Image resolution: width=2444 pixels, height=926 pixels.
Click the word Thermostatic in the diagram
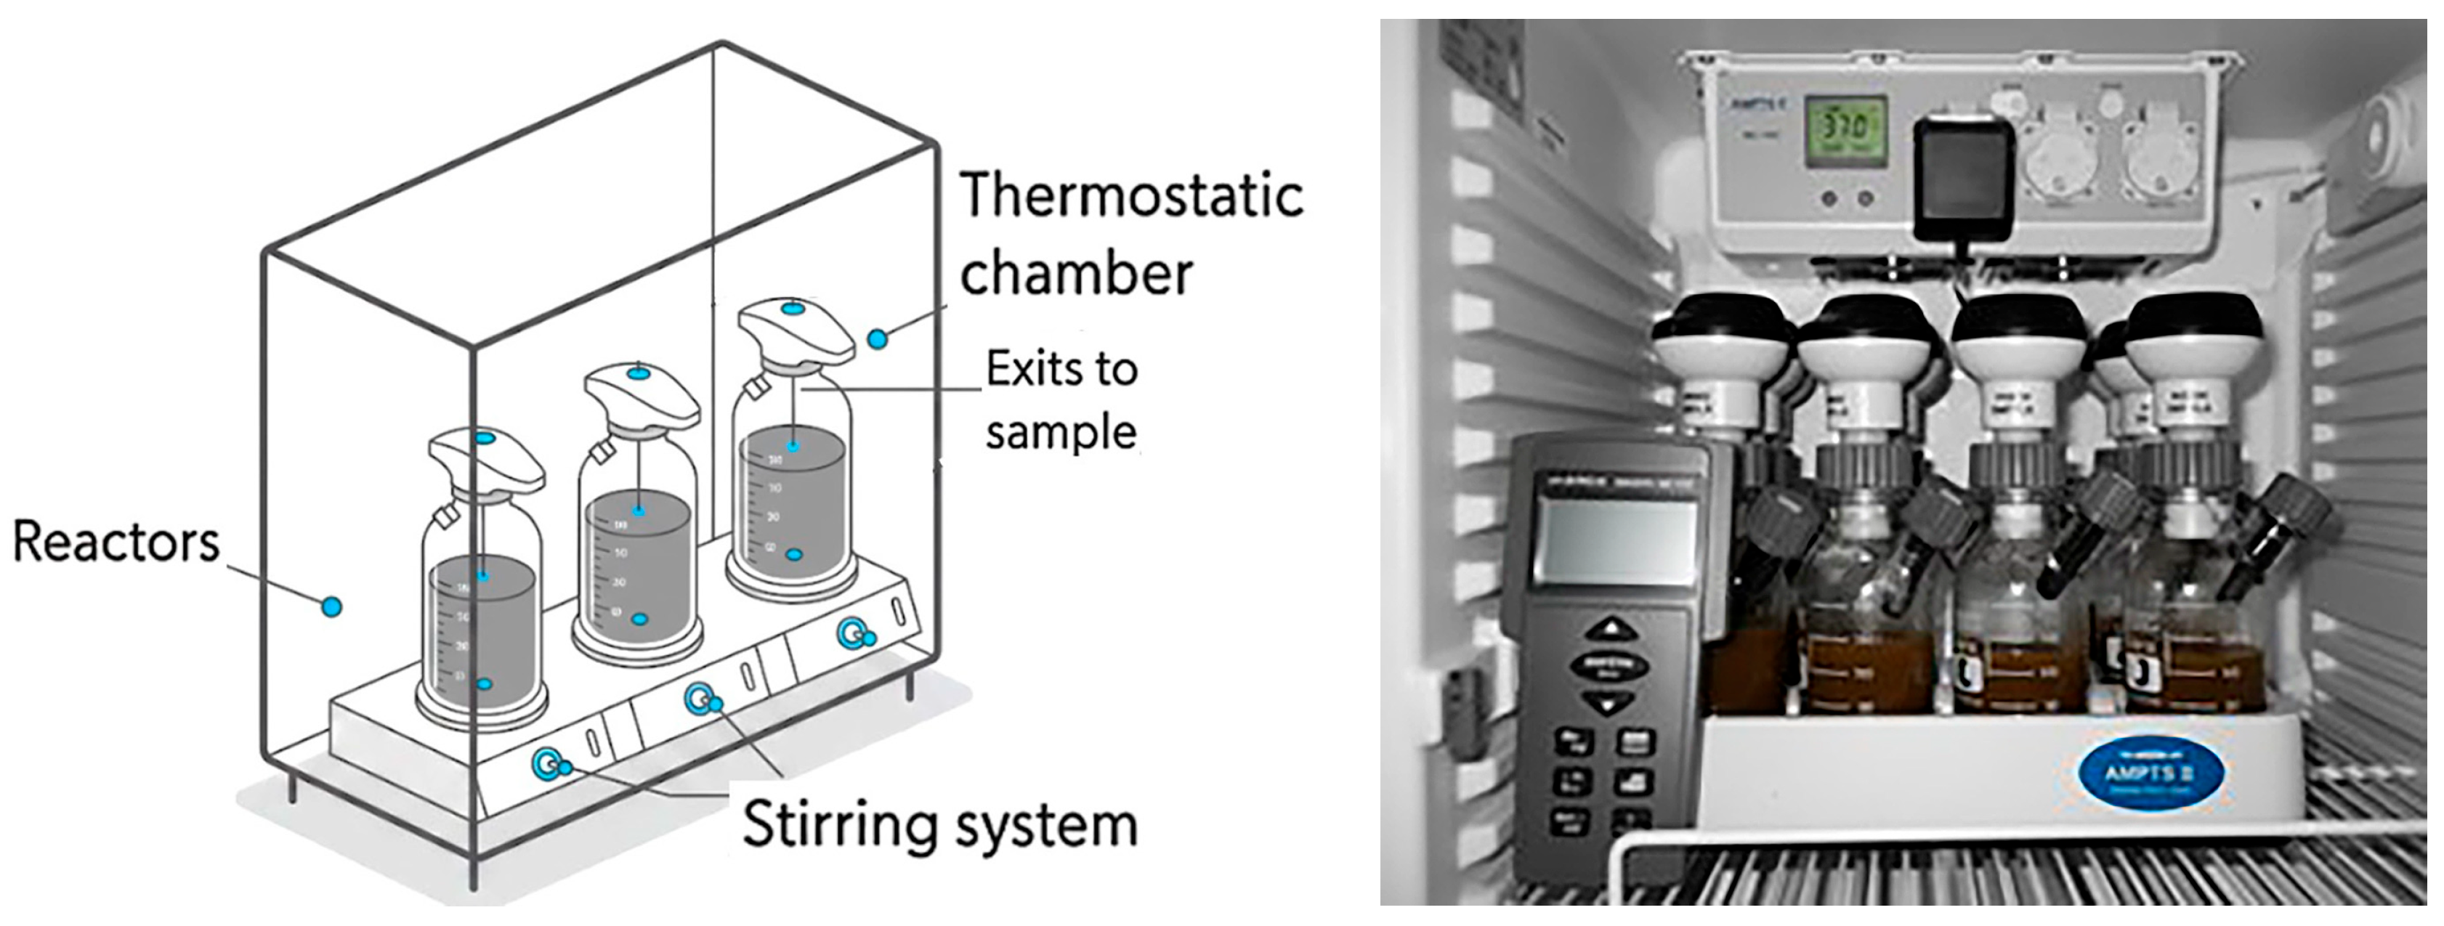click(x=1131, y=195)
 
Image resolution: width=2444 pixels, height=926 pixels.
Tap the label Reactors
click(x=116, y=543)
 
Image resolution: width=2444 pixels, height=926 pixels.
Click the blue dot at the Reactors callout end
click(x=330, y=605)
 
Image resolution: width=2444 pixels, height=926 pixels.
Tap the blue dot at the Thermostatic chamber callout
click(x=878, y=337)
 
